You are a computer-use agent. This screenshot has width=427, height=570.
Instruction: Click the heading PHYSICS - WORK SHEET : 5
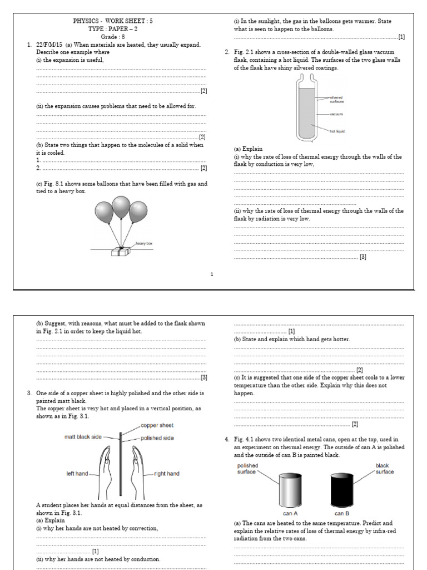coord(113,21)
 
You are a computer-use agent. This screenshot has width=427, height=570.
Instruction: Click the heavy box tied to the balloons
coord(120,251)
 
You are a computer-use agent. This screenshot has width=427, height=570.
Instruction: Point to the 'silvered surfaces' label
coord(336,99)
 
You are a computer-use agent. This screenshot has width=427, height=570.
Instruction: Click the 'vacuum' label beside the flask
coord(336,114)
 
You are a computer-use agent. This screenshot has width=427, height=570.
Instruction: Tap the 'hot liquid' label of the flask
coord(336,131)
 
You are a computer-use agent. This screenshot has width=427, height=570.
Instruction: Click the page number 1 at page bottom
coord(212,274)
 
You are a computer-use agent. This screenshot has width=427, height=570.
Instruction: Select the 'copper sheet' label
coord(162,425)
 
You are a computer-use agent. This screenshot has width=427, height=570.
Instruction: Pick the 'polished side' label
coord(157,438)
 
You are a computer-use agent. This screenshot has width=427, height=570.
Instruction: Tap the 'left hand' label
coord(77,474)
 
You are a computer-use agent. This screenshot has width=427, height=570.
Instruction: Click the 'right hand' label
coord(166,474)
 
